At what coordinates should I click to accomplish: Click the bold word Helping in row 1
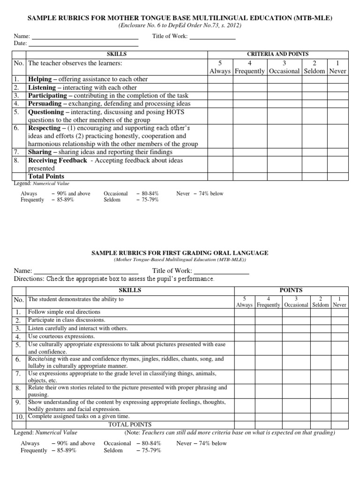(40, 79)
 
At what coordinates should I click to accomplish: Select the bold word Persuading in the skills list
(45, 104)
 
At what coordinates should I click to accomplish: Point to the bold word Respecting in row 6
(45, 128)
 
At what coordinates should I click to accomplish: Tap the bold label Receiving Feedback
(57, 160)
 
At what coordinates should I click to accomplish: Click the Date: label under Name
(20, 43)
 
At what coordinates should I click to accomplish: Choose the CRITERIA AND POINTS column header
(277, 54)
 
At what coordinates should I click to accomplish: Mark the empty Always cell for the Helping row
(220, 79)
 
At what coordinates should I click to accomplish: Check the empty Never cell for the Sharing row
(337, 152)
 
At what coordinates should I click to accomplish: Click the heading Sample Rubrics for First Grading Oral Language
(180, 253)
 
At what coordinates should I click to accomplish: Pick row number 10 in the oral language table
(19, 417)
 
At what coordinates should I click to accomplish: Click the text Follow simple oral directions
(64, 312)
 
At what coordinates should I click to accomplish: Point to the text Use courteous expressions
(61, 336)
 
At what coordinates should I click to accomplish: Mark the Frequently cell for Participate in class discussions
(269, 320)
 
